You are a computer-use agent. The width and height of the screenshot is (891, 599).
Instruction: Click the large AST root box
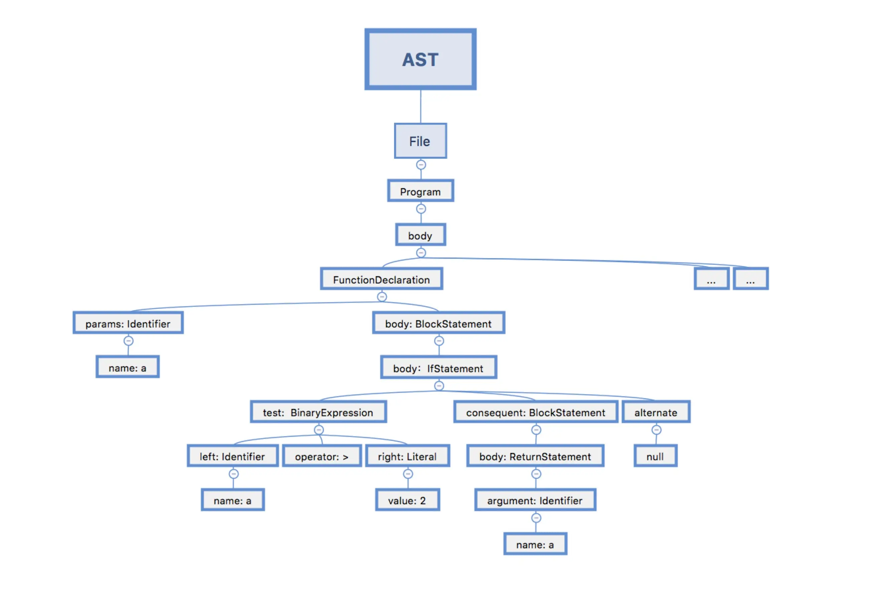coord(420,59)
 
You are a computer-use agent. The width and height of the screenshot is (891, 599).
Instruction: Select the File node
coord(420,141)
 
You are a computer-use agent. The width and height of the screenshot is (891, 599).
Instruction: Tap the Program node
coord(420,191)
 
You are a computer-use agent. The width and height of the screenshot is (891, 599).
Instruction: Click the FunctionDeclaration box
coord(381,279)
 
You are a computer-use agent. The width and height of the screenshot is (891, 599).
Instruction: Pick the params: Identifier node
coord(128,323)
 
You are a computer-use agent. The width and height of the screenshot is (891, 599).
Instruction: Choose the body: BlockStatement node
coord(438,323)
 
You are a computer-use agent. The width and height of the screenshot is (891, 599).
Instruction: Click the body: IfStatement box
coord(438,368)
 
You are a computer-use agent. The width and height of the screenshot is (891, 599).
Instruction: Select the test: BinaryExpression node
coord(318,412)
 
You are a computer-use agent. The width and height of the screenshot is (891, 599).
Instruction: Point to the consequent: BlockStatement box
coord(535,412)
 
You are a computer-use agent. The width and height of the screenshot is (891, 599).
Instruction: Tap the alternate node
coord(656,412)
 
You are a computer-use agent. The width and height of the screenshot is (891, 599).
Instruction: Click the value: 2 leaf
coord(407,500)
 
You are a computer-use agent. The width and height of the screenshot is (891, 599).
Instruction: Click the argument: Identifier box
coord(535,500)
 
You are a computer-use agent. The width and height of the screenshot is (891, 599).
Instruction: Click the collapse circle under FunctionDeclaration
coord(382,297)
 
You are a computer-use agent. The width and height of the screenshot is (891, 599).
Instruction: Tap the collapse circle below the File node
coord(421,165)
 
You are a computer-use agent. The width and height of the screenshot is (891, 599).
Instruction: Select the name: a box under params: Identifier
coord(127,367)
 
